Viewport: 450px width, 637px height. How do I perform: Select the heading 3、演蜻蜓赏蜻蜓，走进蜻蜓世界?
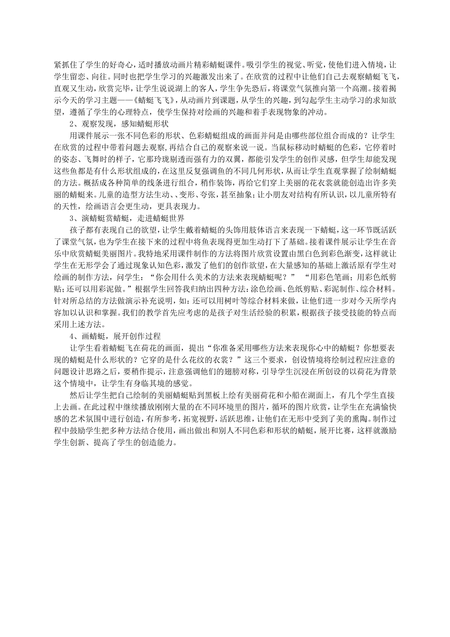click(127, 218)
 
